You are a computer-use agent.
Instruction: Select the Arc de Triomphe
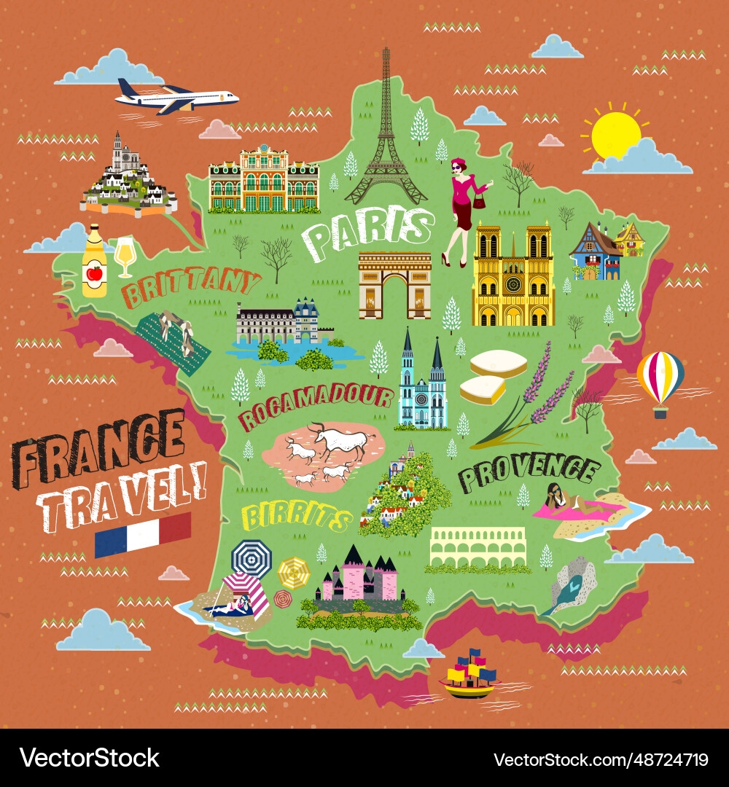pyautogui.click(x=394, y=285)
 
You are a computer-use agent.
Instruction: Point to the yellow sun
pyautogui.click(x=615, y=136)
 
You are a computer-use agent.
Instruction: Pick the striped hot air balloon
pyautogui.click(x=660, y=380)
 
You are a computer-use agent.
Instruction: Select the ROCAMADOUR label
pyautogui.click(x=316, y=407)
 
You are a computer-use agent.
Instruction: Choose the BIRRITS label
pyautogui.click(x=296, y=517)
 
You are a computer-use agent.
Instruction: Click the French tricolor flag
pyautogui.click(x=143, y=534)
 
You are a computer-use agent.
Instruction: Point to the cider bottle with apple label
pyautogui.click(x=94, y=262)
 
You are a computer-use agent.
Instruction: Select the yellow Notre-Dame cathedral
pyautogui.click(x=513, y=277)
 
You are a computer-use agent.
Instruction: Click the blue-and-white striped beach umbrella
pyautogui.click(x=251, y=558)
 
